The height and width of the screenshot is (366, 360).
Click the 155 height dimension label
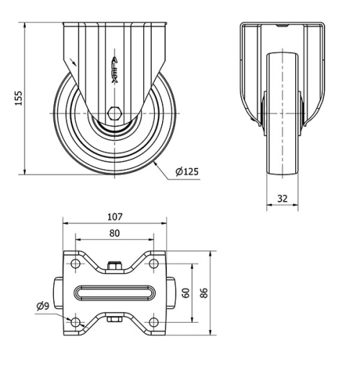19,97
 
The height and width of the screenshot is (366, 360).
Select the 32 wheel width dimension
282,196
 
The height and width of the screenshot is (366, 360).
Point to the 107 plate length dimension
115,216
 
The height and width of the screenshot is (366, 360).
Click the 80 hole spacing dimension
115,233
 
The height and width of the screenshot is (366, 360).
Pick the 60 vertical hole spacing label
185,293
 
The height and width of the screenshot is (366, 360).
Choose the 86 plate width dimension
204,293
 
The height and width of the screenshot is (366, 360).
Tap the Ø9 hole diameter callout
42,305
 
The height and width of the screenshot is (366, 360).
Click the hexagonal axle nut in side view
115,114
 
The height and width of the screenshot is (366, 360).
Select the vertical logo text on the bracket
117,72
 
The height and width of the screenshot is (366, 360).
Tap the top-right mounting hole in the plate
153,265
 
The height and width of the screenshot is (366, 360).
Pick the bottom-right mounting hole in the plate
153,320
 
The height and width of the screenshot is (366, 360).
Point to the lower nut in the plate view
114,318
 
